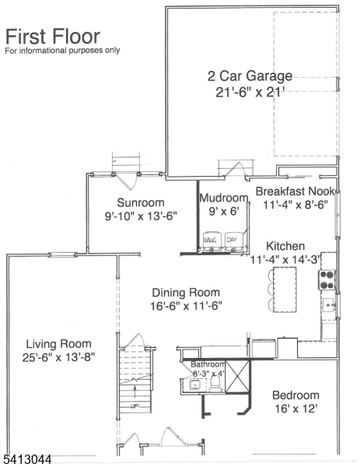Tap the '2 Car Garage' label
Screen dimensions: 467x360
[x=250, y=76]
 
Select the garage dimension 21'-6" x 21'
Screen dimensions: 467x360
[x=250, y=93]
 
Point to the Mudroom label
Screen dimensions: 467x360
[x=223, y=198]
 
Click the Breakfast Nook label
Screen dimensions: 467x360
[x=295, y=191]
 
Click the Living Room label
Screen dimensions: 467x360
[x=58, y=343]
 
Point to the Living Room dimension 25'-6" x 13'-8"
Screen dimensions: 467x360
[x=58, y=358]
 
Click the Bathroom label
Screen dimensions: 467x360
[x=208, y=364]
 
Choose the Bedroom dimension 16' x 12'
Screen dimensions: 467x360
[x=295, y=408]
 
